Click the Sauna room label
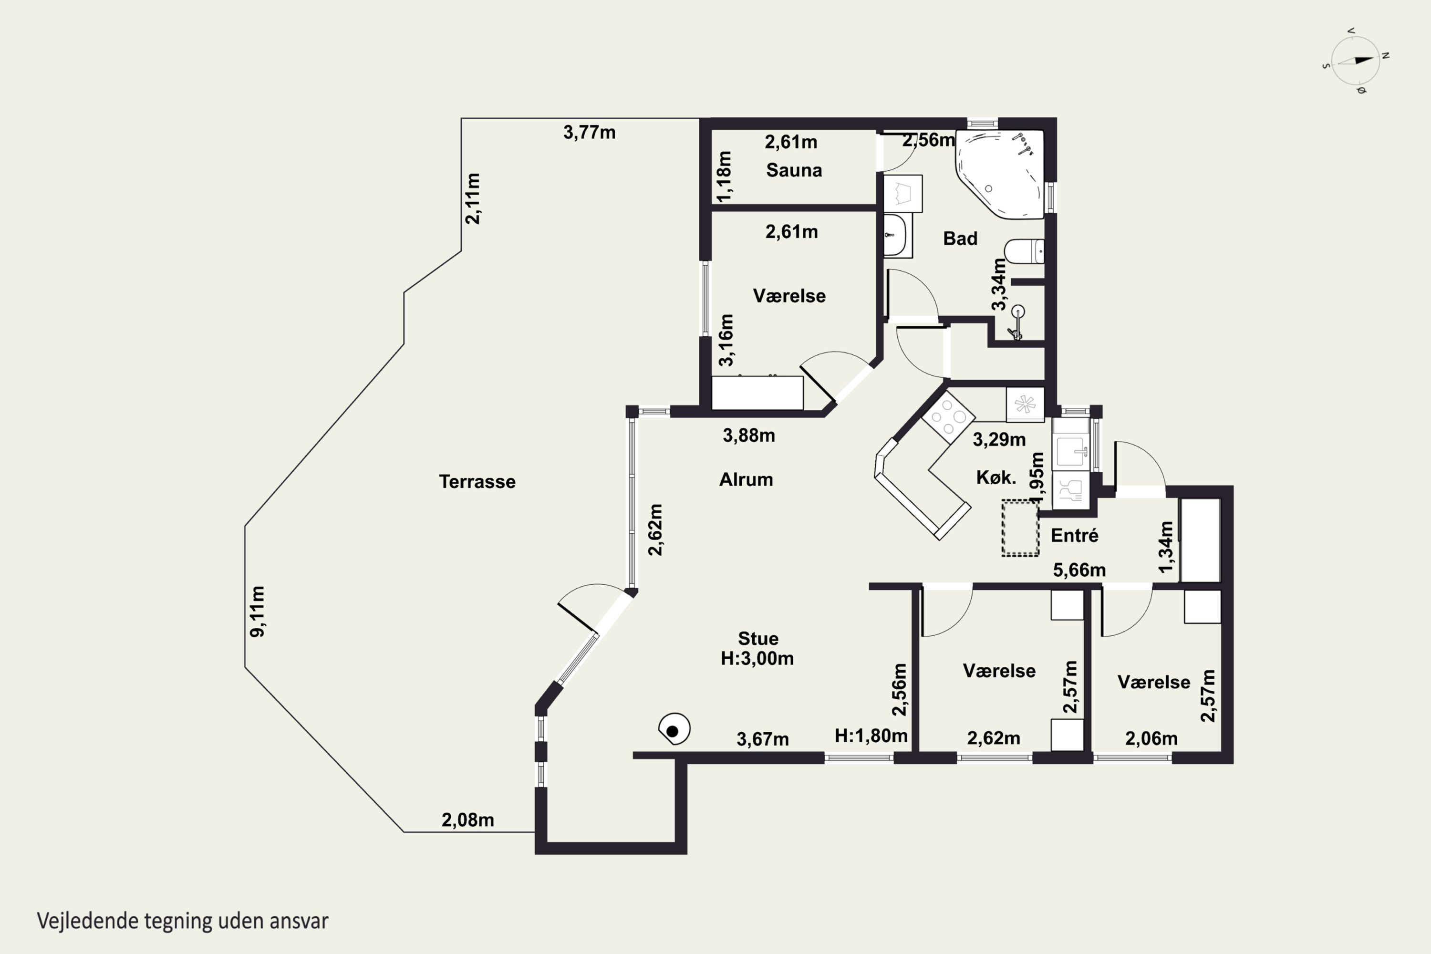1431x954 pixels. click(x=794, y=170)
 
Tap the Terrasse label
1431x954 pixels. click(x=477, y=482)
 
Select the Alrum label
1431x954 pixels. click(x=746, y=479)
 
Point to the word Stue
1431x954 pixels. click(x=758, y=638)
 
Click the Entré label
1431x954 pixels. click(x=1075, y=535)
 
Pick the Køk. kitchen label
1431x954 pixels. click(x=996, y=477)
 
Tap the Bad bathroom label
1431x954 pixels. click(x=960, y=238)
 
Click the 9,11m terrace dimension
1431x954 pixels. click(x=258, y=612)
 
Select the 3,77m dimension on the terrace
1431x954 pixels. click(x=589, y=132)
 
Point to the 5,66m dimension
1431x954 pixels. click(x=1079, y=570)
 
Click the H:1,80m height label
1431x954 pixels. click(x=871, y=736)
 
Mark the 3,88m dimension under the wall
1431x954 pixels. click(x=748, y=436)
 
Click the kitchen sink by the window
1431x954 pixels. click(x=1070, y=451)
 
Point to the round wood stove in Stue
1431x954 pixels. click(x=674, y=729)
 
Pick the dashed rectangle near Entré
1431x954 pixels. click(x=1020, y=528)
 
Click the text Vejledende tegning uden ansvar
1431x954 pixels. click(x=183, y=921)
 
